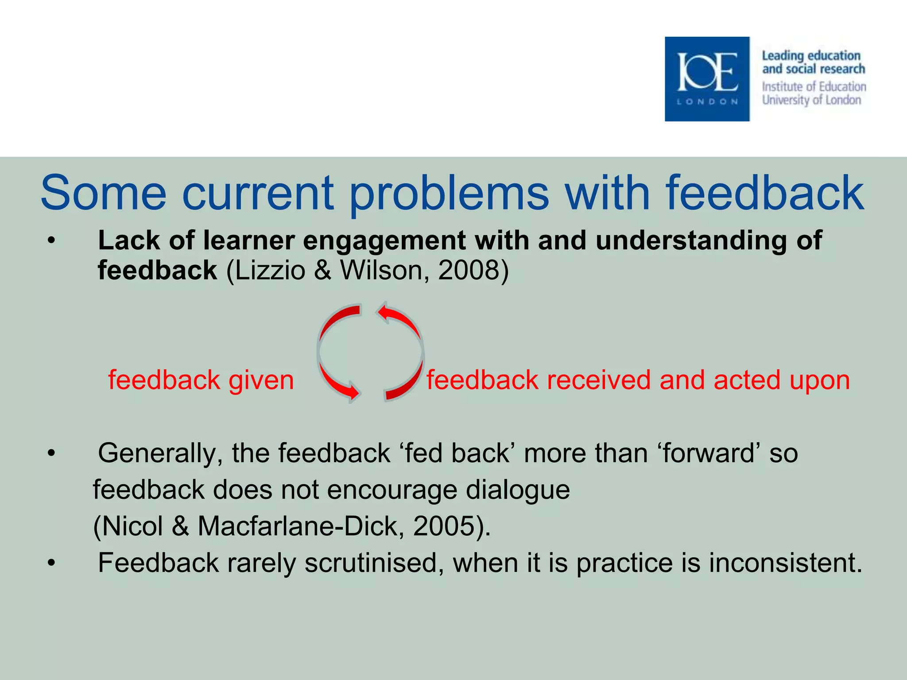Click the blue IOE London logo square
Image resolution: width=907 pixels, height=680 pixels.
(x=707, y=79)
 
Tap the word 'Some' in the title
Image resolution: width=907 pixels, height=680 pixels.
(x=103, y=193)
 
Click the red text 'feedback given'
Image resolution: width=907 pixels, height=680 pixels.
(x=201, y=380)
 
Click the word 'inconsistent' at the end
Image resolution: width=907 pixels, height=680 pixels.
(x=781, y=563)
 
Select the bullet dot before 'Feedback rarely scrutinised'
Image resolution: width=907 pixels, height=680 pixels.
(x=52, y=563)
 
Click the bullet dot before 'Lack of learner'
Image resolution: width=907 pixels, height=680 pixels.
(x=52, y=241)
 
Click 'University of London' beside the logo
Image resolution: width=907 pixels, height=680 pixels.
(x=811, y=100)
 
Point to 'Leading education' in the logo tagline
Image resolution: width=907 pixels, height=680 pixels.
(x=811, y=56)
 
